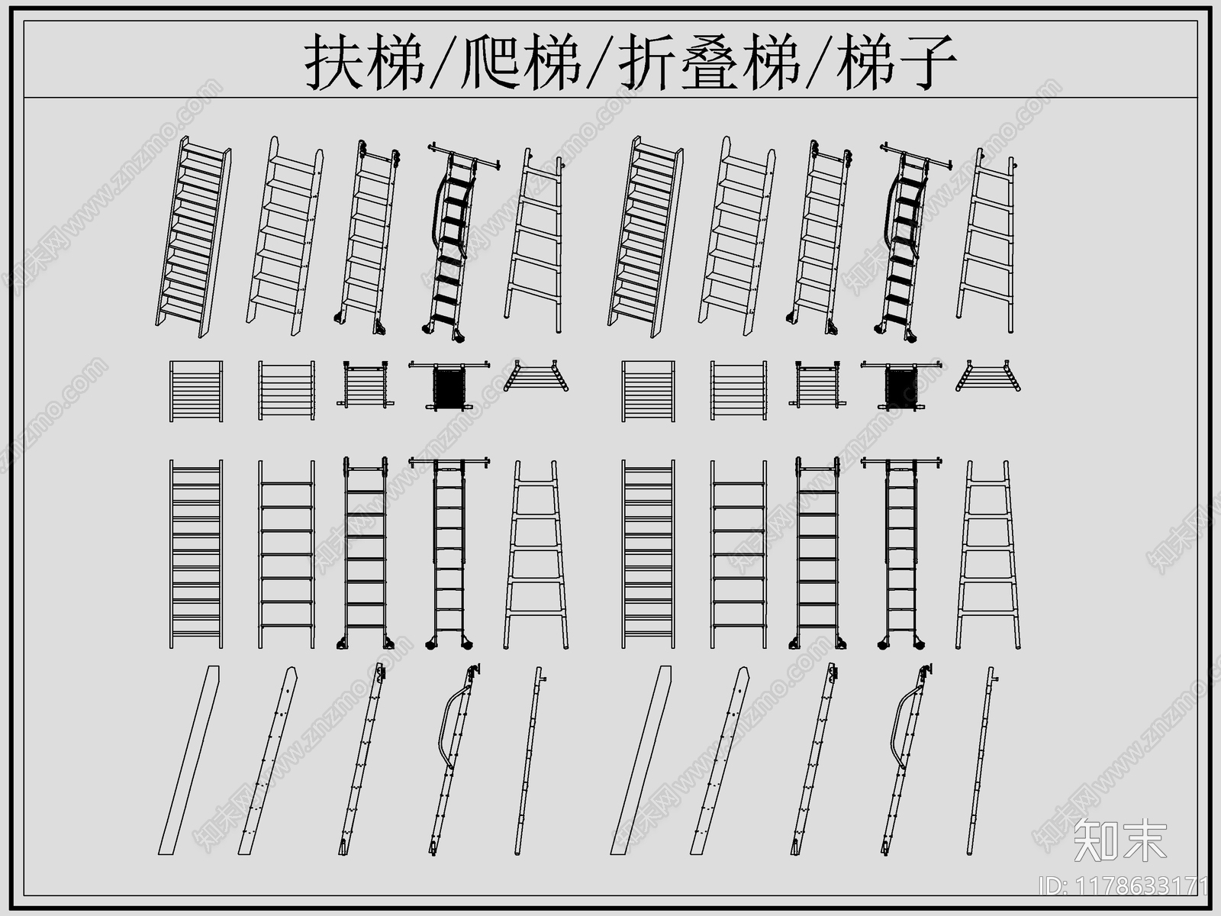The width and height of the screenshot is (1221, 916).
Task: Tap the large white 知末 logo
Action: (1120, 840)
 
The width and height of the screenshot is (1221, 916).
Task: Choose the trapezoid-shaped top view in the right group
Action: (988, 377)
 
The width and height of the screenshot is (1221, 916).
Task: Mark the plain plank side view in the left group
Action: (189, 760)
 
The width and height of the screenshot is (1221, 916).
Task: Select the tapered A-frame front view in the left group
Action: (536, 555)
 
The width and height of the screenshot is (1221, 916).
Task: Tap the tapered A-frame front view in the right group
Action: (988, 555)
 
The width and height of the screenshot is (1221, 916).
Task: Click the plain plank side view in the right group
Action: (641, 760)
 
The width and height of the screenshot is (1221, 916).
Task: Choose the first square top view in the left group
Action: (196, 391)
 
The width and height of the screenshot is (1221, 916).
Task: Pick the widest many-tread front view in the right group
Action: (648, 555)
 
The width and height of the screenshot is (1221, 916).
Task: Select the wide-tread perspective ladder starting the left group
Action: (195, 237)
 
